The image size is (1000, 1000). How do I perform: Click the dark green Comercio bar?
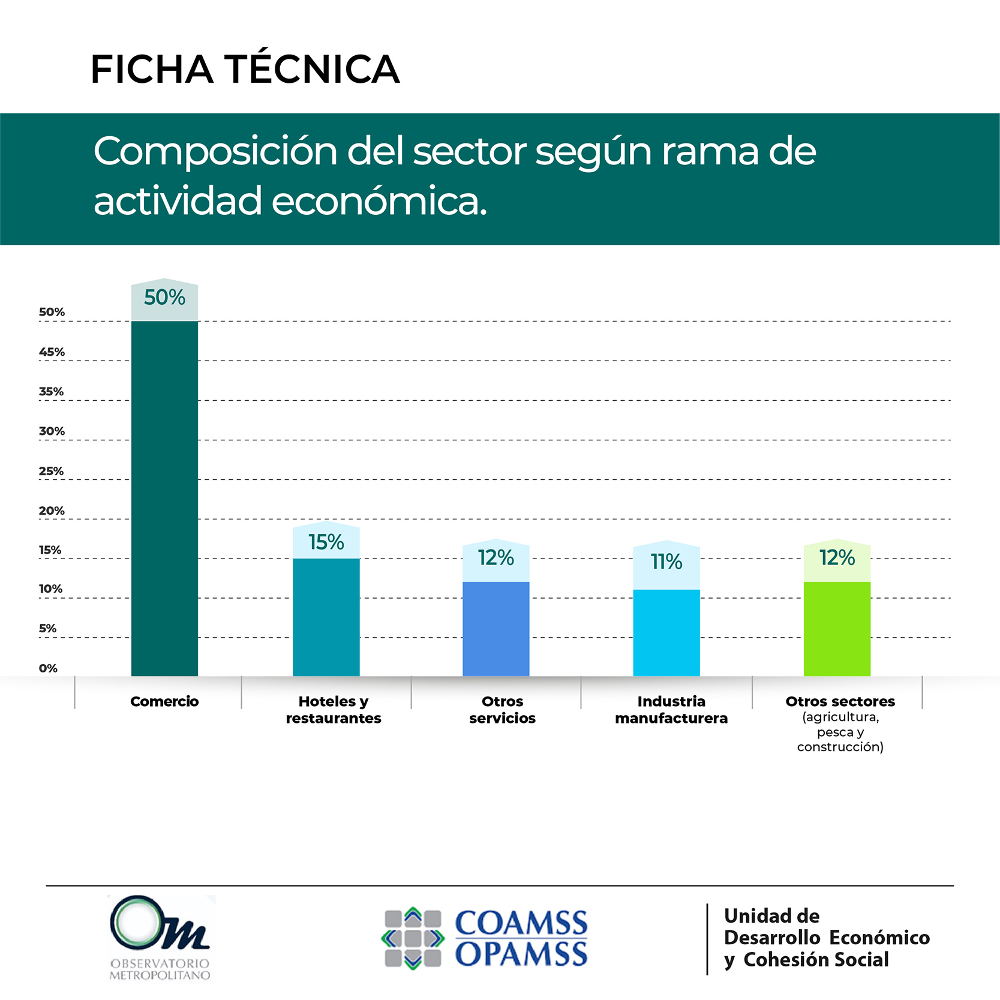[164, 498]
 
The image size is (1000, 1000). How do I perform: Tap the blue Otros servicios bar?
[496, 629]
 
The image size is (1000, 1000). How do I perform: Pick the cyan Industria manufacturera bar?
[666, 632]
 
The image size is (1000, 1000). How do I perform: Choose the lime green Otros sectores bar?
[837, 629]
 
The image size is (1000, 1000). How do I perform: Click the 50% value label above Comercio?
[164, 298]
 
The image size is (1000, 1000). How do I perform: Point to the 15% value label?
[326, 542]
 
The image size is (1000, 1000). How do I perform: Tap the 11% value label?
[666, 561]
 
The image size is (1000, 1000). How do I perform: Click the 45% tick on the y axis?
[52, 352]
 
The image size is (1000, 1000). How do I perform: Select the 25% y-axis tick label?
[51, 471]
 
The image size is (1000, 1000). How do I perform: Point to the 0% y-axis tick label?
[48, 668]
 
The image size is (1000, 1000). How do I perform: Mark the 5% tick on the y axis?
[47, 629]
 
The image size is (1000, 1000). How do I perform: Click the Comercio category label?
[164, 701]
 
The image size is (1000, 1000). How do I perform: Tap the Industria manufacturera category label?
[671, 710]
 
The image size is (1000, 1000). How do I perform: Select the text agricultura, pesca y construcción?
[840, 732]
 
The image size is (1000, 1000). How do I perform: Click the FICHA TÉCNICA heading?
[245, 69]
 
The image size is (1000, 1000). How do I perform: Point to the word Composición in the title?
[216, 151]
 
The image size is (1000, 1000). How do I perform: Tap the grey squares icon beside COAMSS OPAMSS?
[413, 938]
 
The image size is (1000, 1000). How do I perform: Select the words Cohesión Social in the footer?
[816, 960]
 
